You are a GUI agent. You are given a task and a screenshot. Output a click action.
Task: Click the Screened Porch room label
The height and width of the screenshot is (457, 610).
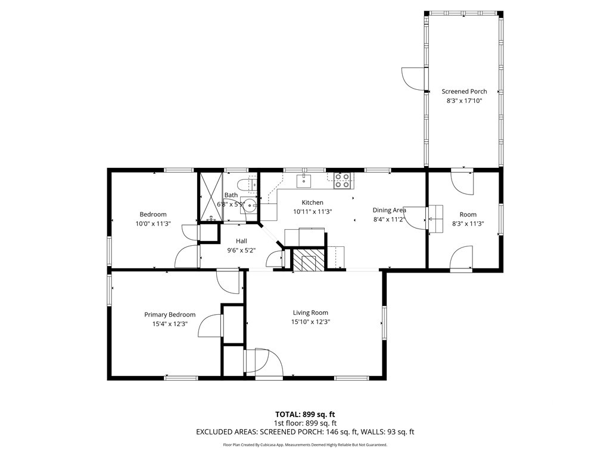[464, 91]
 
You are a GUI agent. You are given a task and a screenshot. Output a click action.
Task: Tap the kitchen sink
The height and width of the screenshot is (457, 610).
[304, 181]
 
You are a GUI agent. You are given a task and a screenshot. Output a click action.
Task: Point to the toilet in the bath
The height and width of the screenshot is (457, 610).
[247, 184]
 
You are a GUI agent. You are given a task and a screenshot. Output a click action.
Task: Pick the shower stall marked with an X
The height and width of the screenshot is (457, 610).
[211, 196]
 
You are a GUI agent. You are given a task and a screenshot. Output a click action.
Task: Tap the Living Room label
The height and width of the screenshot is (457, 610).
[310, 312]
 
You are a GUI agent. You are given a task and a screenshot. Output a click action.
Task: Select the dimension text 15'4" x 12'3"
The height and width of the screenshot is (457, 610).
[170, 324]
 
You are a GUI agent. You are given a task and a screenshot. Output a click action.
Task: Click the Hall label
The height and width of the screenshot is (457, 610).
[241, 241]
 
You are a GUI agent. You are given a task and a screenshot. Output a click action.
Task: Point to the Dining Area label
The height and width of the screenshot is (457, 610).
[390, 210]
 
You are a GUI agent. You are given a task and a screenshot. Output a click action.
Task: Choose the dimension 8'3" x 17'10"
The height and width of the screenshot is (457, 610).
[464, 101]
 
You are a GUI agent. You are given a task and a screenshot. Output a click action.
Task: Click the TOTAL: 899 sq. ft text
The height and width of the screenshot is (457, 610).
[305, 414]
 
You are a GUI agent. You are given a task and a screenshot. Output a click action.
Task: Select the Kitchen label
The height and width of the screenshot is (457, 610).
[312, 202]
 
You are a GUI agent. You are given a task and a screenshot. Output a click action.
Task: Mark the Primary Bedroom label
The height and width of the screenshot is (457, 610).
[170, 314]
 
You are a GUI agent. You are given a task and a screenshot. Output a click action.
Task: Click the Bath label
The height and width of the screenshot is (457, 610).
[231, 195]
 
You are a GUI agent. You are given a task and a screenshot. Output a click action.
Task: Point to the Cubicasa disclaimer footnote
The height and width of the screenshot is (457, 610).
[305, 445]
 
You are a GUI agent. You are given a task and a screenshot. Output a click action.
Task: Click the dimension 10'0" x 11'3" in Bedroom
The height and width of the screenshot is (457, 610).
[153, 224]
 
